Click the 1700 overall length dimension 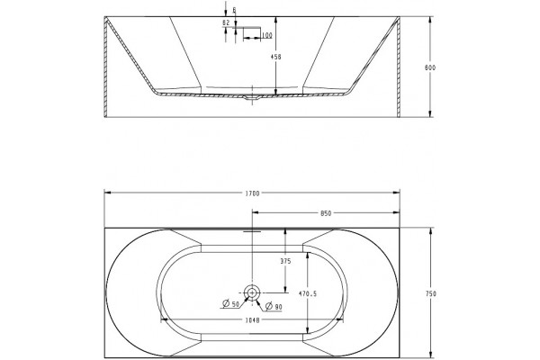point(252,193)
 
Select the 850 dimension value point(326,213)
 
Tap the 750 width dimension point(431,293)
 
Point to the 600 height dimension point(430,67)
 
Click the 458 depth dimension point(275,57)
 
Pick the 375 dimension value point(285,261)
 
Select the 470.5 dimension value point(308,294)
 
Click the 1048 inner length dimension point(252,320)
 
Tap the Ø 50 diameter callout point(230,304)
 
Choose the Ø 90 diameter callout point(274,306)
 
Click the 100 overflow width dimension point(267,35)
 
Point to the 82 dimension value point(226,22)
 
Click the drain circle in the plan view point(252,292)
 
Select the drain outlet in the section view point(252,98)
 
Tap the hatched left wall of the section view point(105,67)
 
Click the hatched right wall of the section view point(399,67)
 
